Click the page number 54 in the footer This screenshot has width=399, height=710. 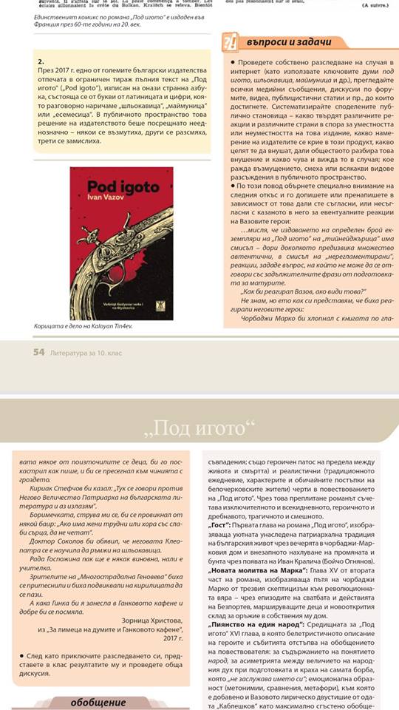[x=39, y=353]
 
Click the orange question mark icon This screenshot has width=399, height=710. [x=231, y=41]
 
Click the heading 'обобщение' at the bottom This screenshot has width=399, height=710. [x=99, y=702]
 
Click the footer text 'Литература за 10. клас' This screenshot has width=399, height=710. [x=87, y=353]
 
